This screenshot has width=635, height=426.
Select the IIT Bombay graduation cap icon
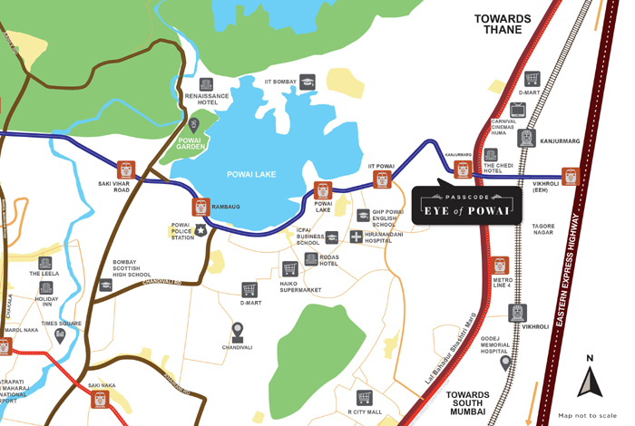308,82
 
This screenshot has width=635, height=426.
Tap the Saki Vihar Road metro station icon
126,169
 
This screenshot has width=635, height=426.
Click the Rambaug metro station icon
200,207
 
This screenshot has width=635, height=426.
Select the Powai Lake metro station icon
323,190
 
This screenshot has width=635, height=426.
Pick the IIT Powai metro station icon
382,179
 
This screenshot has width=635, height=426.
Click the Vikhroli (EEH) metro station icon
570,176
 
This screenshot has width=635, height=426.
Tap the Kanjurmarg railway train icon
526,139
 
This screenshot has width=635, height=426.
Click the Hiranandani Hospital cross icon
357,237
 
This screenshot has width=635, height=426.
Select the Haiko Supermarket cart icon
289,268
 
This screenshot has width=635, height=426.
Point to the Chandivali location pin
238,331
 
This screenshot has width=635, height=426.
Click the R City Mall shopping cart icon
365,398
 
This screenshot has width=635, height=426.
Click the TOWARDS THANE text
503,24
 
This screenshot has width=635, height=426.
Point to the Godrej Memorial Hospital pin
505,363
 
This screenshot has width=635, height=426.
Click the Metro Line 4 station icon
500,266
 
